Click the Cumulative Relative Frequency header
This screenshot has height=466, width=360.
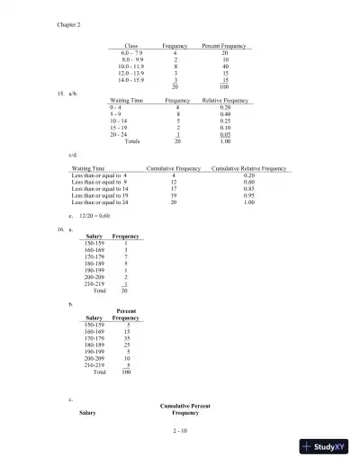[x=248, y=168]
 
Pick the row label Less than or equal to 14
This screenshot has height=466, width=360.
[x=105, y=189]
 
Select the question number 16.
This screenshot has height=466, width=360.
[x=59, y=231]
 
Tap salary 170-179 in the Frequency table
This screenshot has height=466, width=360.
[x=94, y=256]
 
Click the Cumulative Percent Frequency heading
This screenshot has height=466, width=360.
[x=185, y=410]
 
